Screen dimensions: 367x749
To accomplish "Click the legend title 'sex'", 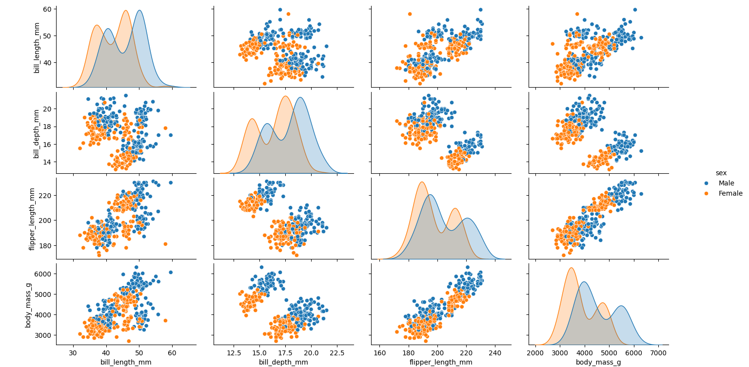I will point(721,173).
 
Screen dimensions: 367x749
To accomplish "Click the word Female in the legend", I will point(730,193).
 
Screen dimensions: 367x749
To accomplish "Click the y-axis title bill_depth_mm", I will point(37,133).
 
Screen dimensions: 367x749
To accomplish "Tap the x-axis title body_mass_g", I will point(599,362).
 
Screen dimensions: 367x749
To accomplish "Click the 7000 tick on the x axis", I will point(659,353).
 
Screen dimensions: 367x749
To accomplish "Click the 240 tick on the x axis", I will point(495,353).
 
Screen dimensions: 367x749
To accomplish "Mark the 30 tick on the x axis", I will point(73,353).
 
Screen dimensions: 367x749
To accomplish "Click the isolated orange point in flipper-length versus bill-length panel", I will point(165,244).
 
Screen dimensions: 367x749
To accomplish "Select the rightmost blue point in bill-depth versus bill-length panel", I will point(170,135).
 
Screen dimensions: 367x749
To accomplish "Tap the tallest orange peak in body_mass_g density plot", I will point(571,268).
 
